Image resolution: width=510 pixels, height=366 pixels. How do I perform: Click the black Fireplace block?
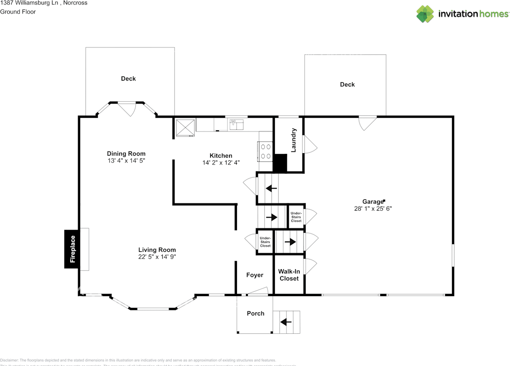[x=72, y=249]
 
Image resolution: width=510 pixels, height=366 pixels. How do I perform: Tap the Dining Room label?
[x=126, y=153]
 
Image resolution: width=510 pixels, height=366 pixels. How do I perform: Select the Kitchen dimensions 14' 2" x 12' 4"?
[x=221, y=162]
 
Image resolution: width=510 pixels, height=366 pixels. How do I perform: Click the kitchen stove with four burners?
[x=266, y=152]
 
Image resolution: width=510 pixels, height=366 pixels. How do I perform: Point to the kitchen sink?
[x=237, y=125]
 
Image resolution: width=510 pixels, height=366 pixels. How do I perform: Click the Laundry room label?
[x=294, y=140]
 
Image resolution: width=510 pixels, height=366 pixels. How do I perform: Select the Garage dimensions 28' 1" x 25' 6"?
[x=373, y=209]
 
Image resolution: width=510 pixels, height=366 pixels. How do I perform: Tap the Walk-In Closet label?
[x=289, y=275]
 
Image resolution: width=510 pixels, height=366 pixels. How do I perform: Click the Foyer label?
[x=255, y=275]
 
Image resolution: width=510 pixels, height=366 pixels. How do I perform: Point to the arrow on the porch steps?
[x=286, y=321]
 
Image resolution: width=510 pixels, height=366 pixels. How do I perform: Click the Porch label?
[x=255, y=313]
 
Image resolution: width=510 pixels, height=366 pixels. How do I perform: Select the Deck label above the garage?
[x=347, y=85]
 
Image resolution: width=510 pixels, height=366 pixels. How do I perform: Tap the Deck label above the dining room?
[x=128, y=79]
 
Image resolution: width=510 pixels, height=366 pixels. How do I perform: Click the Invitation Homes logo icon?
[x=425, y=14]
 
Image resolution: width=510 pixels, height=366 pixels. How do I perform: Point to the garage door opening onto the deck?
[x=367, y=122]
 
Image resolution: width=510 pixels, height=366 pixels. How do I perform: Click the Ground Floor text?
[x=18, y=12]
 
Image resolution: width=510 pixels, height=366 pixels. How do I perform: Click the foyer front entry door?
[x=257, y=291]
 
